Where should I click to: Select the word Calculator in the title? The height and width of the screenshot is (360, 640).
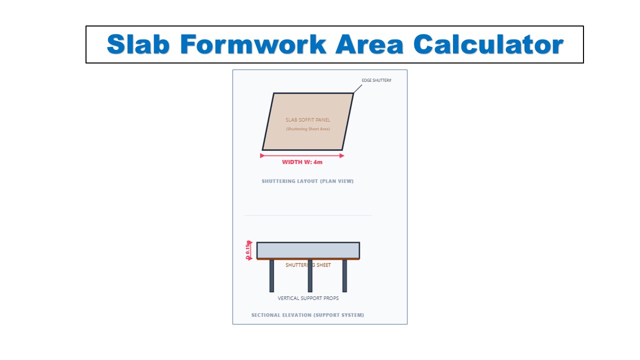(x=488, y=44)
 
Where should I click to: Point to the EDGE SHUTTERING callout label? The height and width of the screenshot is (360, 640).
(x=376, y=80)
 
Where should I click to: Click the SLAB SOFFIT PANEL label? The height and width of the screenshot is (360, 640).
(x=308, y=120)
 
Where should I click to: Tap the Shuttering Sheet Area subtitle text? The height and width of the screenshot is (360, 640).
(x=308, y=129)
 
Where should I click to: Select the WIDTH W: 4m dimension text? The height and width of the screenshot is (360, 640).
(x=302, y=162)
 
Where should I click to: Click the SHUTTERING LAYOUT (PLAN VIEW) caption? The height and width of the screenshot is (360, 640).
(x=307, y=181)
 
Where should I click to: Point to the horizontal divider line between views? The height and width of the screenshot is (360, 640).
(x=308, y=215)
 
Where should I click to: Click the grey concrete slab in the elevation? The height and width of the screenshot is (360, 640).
(x=308, y=250)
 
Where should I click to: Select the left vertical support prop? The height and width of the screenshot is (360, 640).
(x=271, y=275)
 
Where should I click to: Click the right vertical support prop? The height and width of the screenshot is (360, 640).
(x=344, y=275)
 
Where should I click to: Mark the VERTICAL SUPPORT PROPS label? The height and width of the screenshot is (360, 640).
(x=308, y=298)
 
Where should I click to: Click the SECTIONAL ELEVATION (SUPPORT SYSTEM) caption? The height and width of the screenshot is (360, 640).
(x=307, y=315)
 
